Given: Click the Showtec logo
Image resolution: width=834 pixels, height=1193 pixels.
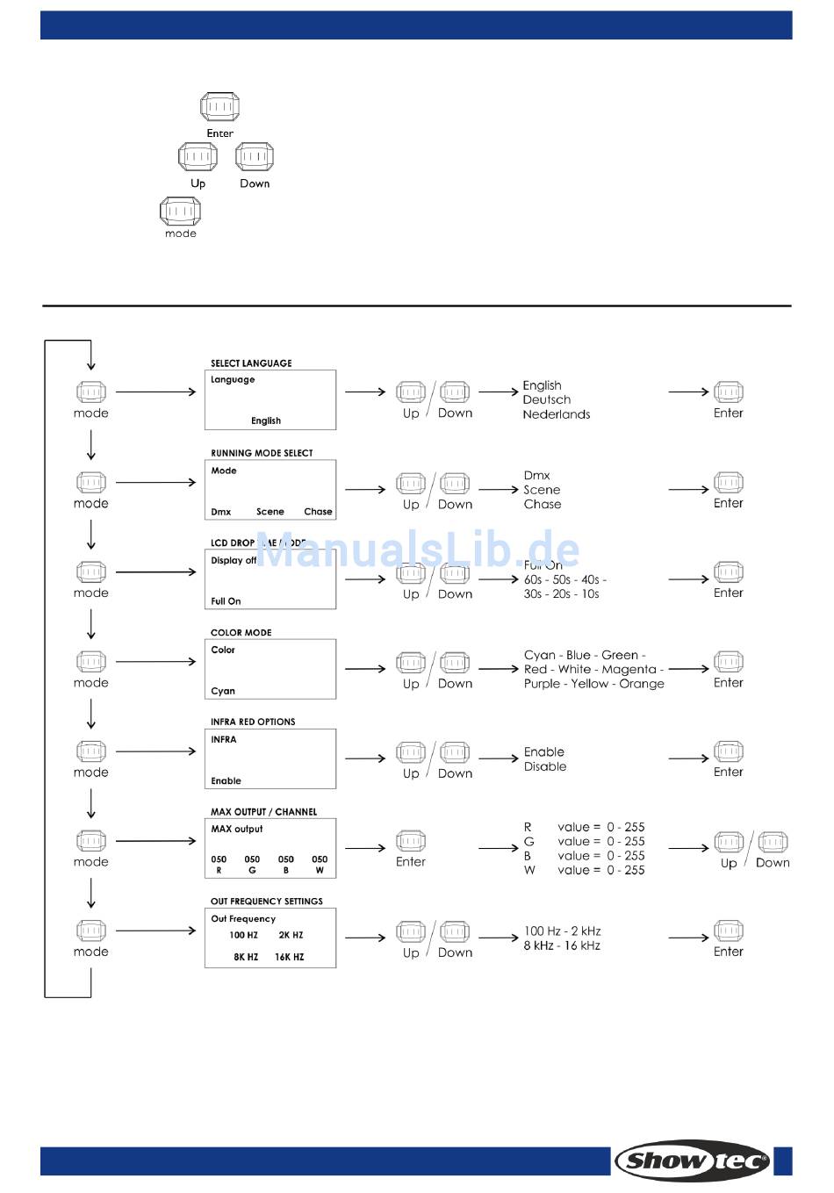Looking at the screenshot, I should point(693,1161).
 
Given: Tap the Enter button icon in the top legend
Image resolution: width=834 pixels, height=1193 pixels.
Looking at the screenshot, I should point(219,107).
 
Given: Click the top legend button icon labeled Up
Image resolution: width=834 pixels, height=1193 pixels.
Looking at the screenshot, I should point(198,157).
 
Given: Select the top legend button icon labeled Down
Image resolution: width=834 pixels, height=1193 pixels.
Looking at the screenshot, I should point(255,157).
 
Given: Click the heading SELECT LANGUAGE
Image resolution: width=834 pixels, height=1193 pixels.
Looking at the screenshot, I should point(251,363).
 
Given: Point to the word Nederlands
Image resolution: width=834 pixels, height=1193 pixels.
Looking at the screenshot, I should point(556,414).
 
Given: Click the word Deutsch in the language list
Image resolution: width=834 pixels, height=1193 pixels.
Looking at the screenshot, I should point(546,399).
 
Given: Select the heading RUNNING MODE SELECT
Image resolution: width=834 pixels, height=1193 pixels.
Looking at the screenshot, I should point(262,453).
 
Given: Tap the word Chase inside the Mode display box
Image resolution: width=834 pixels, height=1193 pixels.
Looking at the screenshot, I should point(318,512).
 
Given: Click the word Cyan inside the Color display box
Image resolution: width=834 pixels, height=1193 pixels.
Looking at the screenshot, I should point(223,691).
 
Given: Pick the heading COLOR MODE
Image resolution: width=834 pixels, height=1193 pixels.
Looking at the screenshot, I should point(241,632).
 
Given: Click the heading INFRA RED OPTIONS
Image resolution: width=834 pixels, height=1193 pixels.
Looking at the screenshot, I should point(253,722).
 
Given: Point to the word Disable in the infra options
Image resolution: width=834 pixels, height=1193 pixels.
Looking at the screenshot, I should point(545,766).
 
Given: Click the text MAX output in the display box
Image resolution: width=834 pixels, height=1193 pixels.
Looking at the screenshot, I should point(237,829).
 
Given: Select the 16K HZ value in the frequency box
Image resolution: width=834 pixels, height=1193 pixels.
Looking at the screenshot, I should point(289,957).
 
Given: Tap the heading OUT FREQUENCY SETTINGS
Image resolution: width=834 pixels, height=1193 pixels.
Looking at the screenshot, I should point(267,901).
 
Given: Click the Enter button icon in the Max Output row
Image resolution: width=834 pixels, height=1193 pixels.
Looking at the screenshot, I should point(410,841).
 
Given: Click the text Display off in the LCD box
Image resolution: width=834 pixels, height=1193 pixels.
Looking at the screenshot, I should point(234,560).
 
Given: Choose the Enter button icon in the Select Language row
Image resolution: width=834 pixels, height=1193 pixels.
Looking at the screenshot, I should point(728,392).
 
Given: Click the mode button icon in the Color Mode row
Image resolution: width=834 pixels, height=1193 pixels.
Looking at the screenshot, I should point(90,661).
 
